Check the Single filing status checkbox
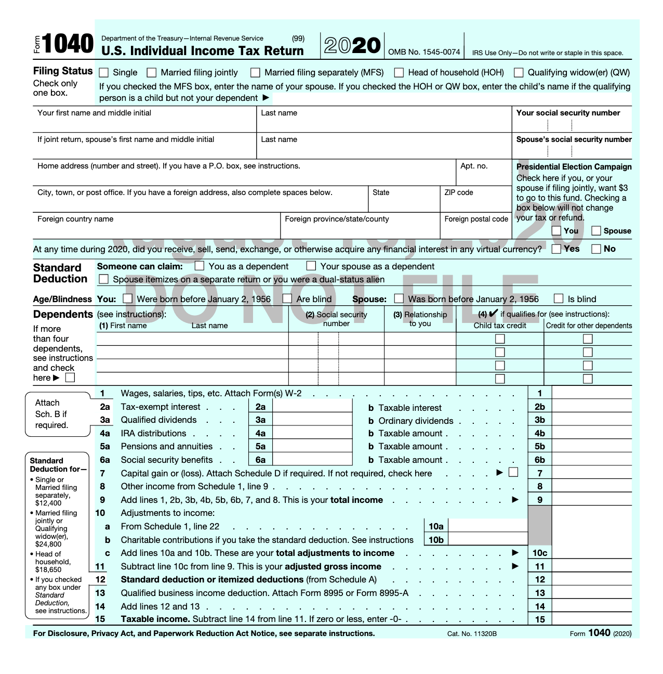click(104, 73)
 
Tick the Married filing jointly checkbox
click(152, 73)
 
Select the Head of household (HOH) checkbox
click(399, 73)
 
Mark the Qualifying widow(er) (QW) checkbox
click(519, 73)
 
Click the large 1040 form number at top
click(68, 45)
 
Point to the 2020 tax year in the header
click(352, 46)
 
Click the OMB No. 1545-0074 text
click(424, 52)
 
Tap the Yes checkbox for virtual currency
click(556, 249)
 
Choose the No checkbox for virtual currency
click(596, 249)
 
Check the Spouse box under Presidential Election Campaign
click(596, 231)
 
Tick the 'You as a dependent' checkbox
click(200, 266)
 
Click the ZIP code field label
click(458, 192)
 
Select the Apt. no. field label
click(474, 166)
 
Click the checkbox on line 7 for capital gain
click(513, 472)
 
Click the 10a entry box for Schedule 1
click(487, 526)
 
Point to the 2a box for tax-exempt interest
click(312, 407)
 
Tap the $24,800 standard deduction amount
click(48, 544)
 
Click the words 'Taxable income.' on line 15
click(155, 619)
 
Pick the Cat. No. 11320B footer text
click(472, 633)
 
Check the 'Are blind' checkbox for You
click(287, 299)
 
